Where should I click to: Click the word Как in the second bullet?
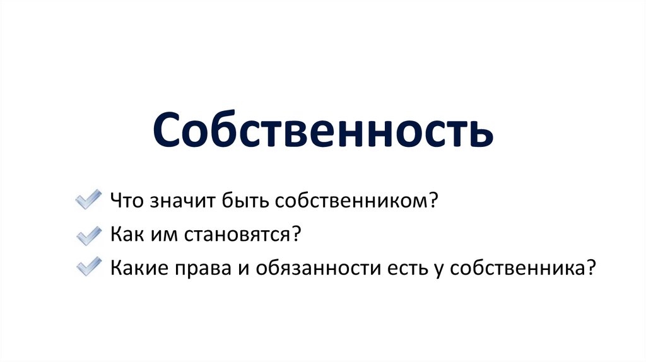click(x=127, y=235)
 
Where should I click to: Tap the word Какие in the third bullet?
click(x=139, y=267)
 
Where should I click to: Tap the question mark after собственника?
click(x=590, y=267)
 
